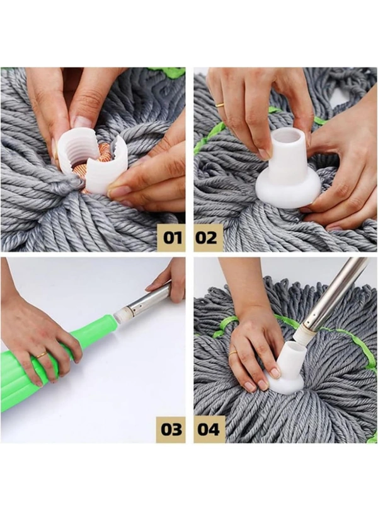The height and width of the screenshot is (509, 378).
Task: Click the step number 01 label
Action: coord(172,238)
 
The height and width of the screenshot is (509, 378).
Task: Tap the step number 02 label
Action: coord(206,238)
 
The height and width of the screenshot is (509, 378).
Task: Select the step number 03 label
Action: coord(171,429)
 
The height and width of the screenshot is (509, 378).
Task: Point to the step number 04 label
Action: coord(209,429)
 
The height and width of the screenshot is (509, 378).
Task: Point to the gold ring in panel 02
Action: coord(220,105)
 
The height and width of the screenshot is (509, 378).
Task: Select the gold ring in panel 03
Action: coord(41,355)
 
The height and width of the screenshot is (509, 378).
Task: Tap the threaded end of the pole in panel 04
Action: coord(301,334)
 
